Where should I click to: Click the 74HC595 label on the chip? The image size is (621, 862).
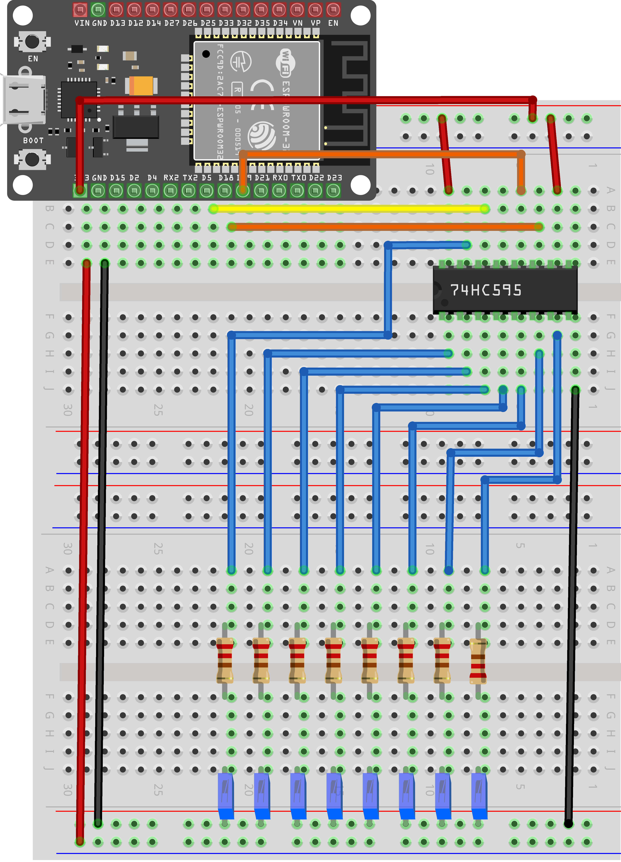pos(486,290)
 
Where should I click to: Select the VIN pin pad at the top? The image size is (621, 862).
pos(80,9)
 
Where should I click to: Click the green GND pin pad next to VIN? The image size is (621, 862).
pos(98,9)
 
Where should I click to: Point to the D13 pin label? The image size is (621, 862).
pos(118,23)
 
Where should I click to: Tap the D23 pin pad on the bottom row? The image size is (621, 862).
pos(333,190)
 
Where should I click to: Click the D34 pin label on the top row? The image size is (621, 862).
pos(280,23)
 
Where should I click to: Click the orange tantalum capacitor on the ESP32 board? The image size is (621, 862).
pos(142,85)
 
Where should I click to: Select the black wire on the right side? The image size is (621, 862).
pos(572,608)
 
